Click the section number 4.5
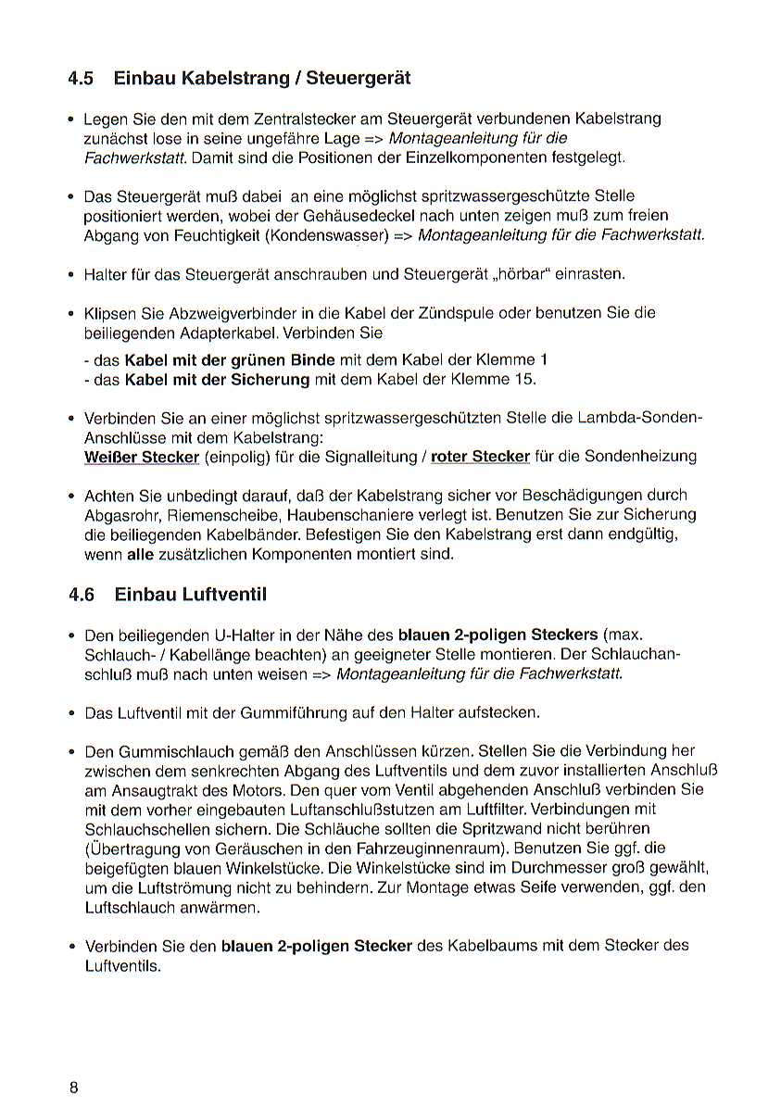click(81, 78)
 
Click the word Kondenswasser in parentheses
click(327, 235)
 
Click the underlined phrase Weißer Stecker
click(142, 457)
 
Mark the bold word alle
click(140, 554)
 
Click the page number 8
click(73, 1088)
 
